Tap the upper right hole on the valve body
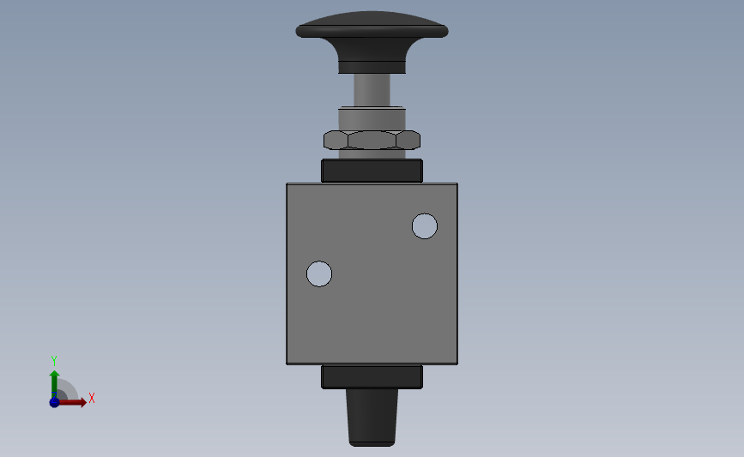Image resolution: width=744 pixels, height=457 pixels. click(425, 226)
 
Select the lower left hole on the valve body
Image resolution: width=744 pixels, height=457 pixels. click(319, 274)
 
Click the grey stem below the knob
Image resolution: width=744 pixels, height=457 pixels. click(372, 90)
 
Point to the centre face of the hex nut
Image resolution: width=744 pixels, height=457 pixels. click(372, 141)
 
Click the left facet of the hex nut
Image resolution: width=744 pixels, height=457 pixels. click(336, 141)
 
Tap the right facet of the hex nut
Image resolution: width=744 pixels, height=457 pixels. click(408, 141)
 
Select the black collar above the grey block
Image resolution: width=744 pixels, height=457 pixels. click(372, 171)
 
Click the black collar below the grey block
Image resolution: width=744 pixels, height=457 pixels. click(372, 377)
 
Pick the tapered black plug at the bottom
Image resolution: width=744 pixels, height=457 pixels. click(372, 418)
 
